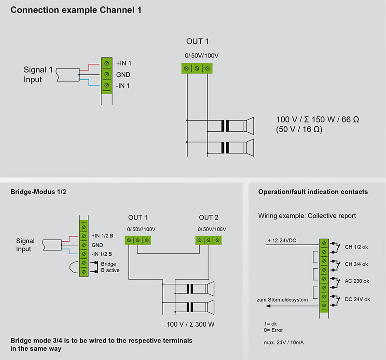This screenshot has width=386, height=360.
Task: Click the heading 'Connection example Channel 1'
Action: coord(76,10)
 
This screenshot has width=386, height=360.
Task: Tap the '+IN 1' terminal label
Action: coord(124,63)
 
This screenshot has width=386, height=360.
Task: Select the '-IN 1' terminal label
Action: coord(123,86)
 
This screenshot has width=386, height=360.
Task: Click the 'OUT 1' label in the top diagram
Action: coord(197,42)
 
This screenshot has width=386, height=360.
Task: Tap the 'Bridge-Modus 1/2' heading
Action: coord(38,192)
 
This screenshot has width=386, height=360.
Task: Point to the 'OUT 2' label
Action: coord(208,218)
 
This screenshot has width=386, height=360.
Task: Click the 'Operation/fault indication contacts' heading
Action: coord(313,192)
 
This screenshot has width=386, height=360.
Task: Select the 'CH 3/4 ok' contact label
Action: coord(356,264)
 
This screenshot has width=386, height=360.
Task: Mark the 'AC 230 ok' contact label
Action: coord(357,281)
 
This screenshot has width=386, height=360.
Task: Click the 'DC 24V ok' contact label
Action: coord(357,299)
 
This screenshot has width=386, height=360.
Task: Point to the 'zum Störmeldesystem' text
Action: coord(282,300)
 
